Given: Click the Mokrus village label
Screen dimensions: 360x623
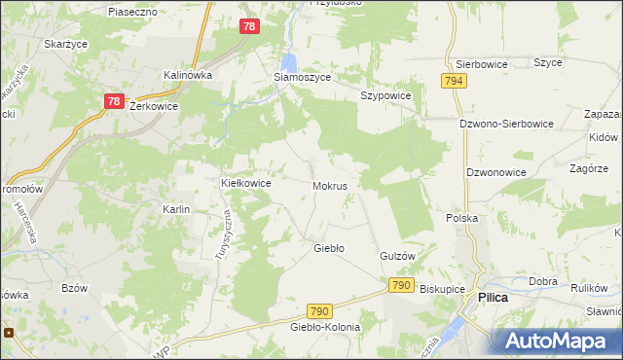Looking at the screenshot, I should click(x=331, y=184).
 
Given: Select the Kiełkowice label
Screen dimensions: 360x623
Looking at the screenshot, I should click(x=245, y=182).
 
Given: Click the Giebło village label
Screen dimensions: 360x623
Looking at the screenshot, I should click(x=328, y=248).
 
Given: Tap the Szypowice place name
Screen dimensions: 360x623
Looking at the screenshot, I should click(x=385, y=95).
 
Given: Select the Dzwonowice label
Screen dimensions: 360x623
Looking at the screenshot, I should click(x=496, y=171).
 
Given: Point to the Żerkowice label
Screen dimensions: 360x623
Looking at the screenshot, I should click(x=153, y=106).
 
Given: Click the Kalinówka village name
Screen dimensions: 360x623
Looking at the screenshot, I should click(x=188, y=74).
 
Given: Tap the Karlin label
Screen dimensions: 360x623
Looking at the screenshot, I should click(x=176, y=209).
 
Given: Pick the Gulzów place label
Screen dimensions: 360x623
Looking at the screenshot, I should click(x=397, y=256).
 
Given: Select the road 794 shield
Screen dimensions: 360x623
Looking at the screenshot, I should click(x=453, y=82).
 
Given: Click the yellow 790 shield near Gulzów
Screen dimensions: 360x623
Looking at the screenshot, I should click(x=401, y=285).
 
